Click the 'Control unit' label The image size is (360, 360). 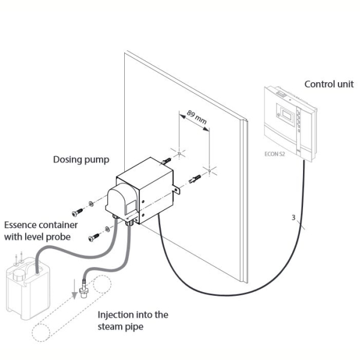click(329, 84)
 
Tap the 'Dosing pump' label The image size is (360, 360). click(81, 160)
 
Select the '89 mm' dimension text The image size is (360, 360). click(197, 117)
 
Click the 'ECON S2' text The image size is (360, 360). click(275, 154)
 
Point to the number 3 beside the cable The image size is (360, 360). click(293, 217)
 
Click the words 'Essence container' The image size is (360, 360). click(41, 225)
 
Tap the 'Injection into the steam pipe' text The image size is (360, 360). click(133, 320)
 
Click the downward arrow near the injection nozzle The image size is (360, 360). click(74, 289)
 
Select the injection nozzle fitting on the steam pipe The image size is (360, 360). click(84, 289)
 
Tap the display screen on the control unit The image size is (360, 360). click(287, 115)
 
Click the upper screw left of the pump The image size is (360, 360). click(77, 212)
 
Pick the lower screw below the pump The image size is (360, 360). click(94, 238)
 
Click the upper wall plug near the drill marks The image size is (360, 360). click(166, 161)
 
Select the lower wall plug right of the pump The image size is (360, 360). click(194, 179)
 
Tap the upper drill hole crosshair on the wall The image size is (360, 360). click(179, 153)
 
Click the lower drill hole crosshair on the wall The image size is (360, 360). click(209, 170)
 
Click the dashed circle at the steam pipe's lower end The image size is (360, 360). click(41, 332)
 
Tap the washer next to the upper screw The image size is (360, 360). click(91, 203)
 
